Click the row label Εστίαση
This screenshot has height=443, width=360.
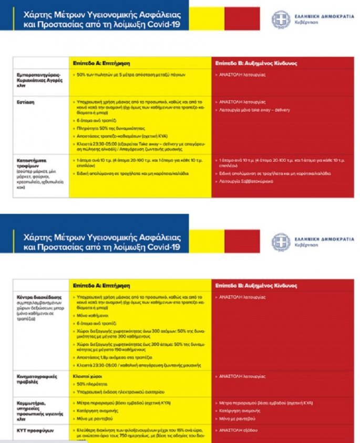pyautogui.click(x=26, y=102)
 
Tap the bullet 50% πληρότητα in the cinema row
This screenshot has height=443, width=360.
pyautogui.click(x=92, y=385)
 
